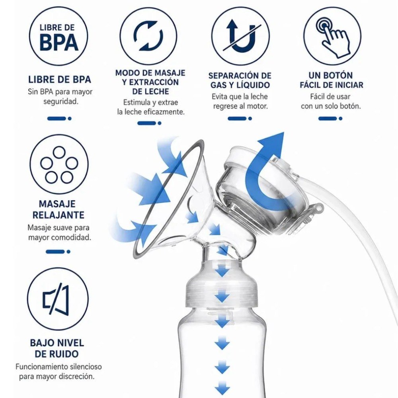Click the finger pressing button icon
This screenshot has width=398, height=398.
coord(332,36)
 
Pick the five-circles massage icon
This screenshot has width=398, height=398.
coord(59,164)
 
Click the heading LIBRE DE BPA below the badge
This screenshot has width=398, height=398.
coord(59,80)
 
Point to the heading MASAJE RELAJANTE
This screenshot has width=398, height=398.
coord(58,209)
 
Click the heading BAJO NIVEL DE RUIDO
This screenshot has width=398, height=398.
coord(57,348)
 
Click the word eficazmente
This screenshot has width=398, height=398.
coord(164,112)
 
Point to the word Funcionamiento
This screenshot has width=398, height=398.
coord(41,367)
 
